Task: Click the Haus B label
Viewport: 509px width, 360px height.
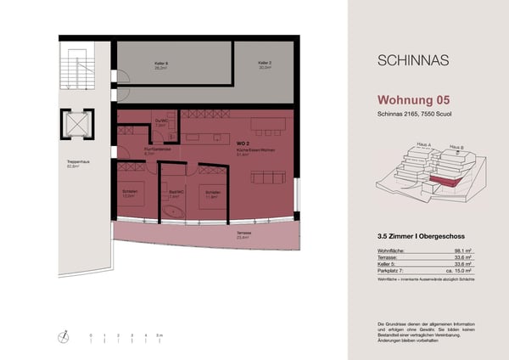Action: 456,147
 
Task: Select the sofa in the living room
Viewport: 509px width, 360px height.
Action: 271,177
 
